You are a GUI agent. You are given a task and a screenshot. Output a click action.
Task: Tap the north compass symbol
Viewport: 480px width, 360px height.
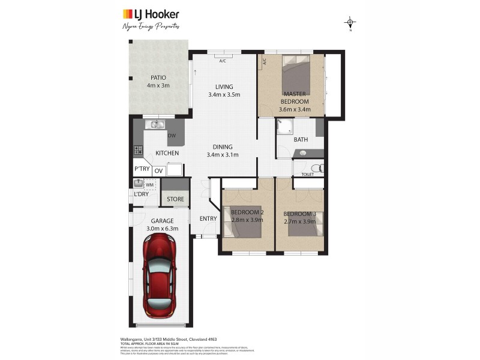350,23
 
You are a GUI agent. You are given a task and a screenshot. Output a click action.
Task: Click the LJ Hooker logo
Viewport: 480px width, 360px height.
151,14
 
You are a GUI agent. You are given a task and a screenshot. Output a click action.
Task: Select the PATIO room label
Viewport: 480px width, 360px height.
158,82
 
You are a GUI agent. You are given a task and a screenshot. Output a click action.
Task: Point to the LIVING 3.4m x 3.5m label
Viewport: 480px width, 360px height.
224,91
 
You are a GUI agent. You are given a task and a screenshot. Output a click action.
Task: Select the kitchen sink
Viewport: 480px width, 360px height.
157,125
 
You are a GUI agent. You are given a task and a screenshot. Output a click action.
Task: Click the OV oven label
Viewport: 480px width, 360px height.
158,171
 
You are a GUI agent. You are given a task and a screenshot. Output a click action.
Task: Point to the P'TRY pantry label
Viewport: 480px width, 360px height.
142,169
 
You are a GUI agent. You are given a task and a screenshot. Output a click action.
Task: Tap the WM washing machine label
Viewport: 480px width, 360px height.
150,184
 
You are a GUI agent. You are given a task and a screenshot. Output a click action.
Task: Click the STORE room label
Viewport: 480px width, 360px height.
175,199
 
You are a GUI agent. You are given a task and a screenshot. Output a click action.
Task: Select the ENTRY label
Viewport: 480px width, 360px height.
208,218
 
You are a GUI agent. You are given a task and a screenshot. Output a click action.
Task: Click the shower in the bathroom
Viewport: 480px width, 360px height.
284,127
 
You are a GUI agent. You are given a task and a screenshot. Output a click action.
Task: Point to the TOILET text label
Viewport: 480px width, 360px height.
307,175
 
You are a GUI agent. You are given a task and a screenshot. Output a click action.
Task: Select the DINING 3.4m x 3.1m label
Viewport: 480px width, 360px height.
223,151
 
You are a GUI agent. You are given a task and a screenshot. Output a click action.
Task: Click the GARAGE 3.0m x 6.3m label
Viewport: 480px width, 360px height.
162,224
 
